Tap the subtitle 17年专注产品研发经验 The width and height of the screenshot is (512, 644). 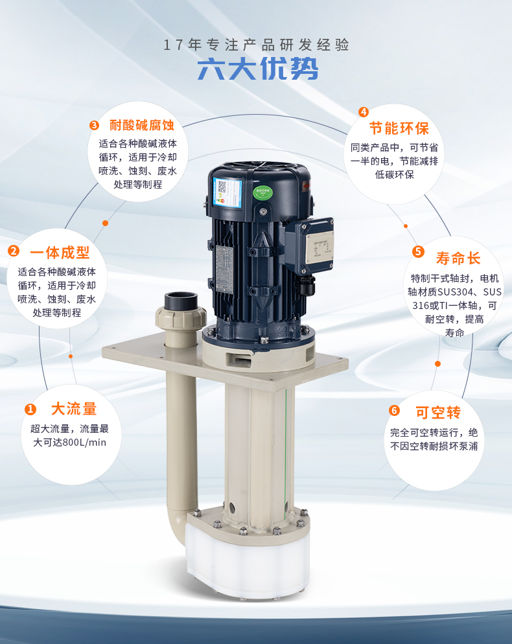256,45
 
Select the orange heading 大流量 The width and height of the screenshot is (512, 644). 74,409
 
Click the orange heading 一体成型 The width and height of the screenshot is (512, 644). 60,252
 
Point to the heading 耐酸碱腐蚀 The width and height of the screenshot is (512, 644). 142,125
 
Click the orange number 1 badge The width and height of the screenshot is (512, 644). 30,409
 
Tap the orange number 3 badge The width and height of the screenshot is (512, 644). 94,125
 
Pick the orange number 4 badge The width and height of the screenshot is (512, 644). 364,112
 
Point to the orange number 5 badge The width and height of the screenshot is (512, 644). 418,251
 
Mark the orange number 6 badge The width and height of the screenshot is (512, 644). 394,411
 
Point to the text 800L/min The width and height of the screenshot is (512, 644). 81,443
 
